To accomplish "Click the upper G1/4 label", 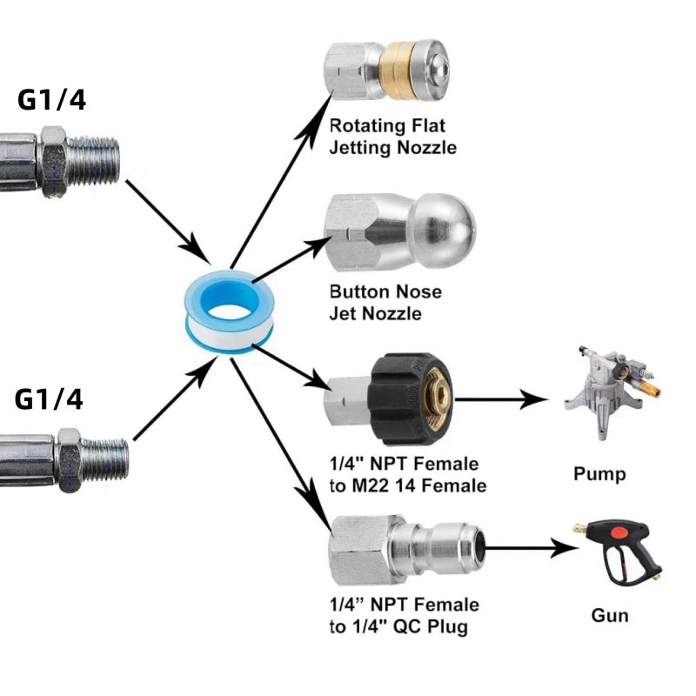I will pos(51,100).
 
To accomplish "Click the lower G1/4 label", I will pos(50,399).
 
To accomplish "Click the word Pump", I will pos(599,474).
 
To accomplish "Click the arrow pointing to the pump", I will pos(500,401).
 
